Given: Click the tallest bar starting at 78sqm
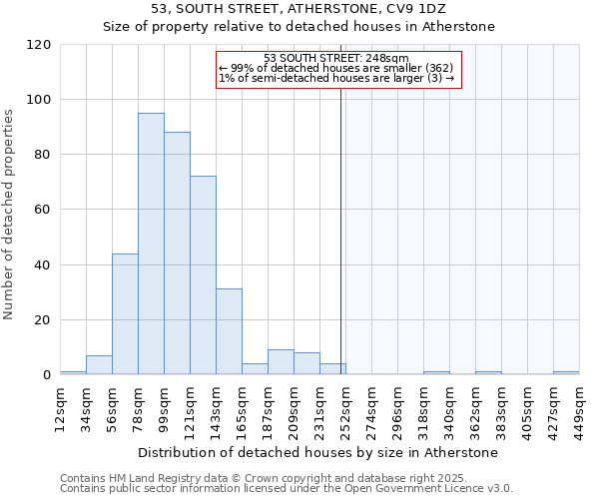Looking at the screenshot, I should (151, 245).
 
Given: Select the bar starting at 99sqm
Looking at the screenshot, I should (177, 253).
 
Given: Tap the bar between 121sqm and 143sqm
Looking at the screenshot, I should (203, 275).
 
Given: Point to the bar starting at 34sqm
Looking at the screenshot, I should (99, 365).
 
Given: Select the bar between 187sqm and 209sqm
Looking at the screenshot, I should (281, 362).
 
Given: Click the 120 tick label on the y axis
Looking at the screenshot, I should (39, 45).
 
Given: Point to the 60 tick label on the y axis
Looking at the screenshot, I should (43, 210).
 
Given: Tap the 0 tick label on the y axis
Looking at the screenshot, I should (47, 375).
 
